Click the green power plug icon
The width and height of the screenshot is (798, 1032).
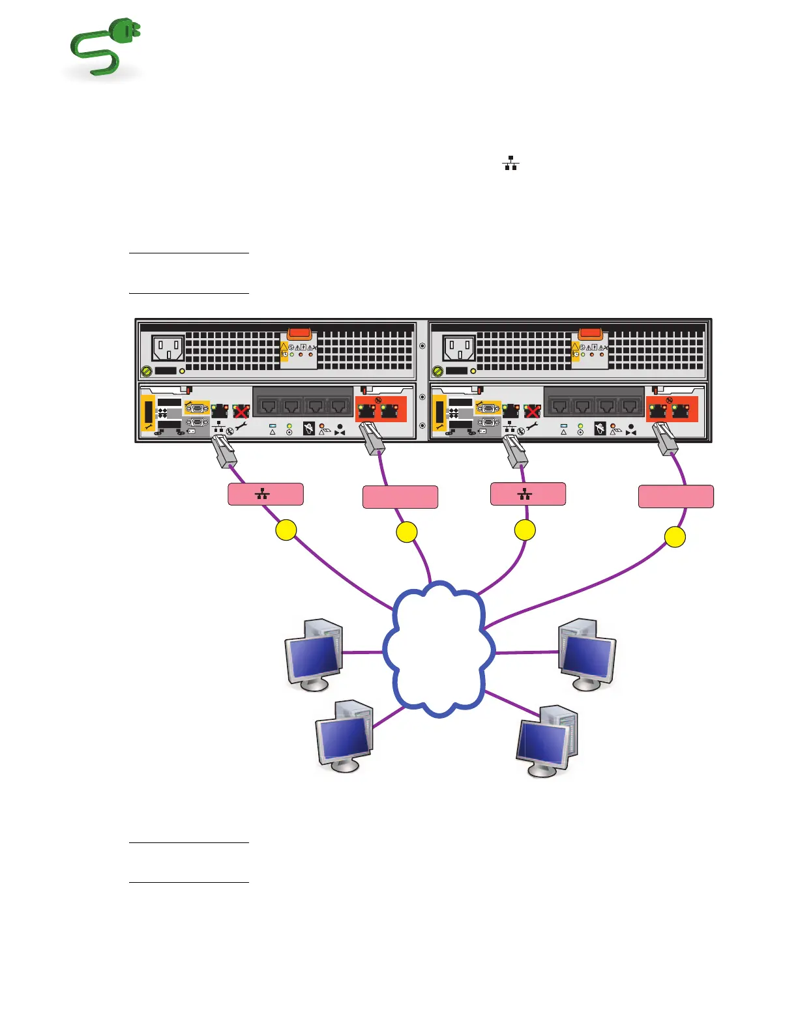pyautogui.click(x=104, y=48)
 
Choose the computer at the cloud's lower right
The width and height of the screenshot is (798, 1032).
pyautogui.click(x=547, y=741)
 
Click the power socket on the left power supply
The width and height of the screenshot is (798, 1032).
pyautogui.click(x=168, y=348)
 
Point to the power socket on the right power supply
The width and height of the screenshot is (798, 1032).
pyautogui.click(x=459, y=348)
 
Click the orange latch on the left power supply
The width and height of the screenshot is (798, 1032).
pyautogui.click(x=299, y=334)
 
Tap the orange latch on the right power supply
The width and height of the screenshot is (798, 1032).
pyautogui.click(x=590, y=334)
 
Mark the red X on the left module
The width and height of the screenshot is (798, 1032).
pyautogui.click(x=241, y=411)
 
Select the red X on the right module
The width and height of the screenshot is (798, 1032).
pyautogui.click(x=532, y=411)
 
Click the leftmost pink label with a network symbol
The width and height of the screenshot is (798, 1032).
pyautogui.click(x=265, y=494)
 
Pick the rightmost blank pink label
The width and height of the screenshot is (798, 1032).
pyautogui.click(x=675, y=496)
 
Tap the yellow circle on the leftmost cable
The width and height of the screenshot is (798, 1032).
pyautogui.click(x=286, y=530)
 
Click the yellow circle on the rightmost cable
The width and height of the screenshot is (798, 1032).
pyautogui.click(x=675, y=537)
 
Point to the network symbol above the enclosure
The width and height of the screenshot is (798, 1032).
pyautogui.click(x=510, y=163)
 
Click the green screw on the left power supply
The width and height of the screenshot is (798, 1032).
pyautogui.click(x=147, y=371)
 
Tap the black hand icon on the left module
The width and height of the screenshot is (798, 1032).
pyautogui.click(x=309, y=428)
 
